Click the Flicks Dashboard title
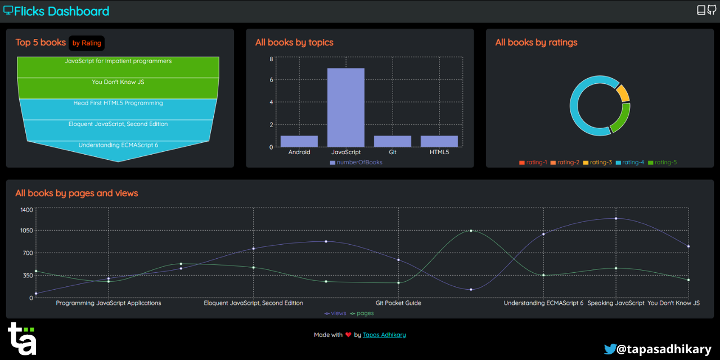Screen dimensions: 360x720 [x=62, y=11]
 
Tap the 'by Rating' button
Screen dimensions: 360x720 [x=87, y=43]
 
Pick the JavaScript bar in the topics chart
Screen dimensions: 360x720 [x=346, y=107]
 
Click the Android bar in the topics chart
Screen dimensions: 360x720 [x=299, y=141]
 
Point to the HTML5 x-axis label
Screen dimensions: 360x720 [x=439, y=152]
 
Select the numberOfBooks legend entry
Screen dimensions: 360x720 [x=355, y=163]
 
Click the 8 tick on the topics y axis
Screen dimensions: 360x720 [x=271, y=58]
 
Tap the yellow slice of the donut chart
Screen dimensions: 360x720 [x=622, y=92]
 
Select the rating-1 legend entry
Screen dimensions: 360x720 [x=533, y=163]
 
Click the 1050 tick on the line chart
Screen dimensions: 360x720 [x=26, y=231]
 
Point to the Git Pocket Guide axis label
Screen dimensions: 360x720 [x=398, y=303]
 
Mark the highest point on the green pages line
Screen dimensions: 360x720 [x=471, y=231]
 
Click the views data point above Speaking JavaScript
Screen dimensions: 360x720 [x=616, y=218]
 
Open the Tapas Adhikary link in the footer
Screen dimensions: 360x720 [x=384, y=335]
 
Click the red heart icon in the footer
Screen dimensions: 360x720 [x=348, y=335]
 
